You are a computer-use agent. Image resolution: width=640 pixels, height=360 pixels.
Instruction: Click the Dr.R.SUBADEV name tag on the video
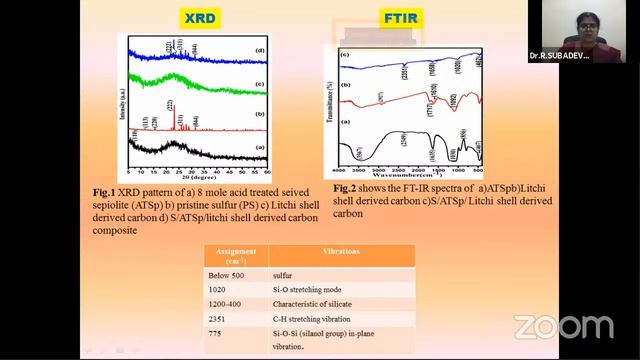pyautogui.click(x=560, y=57)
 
